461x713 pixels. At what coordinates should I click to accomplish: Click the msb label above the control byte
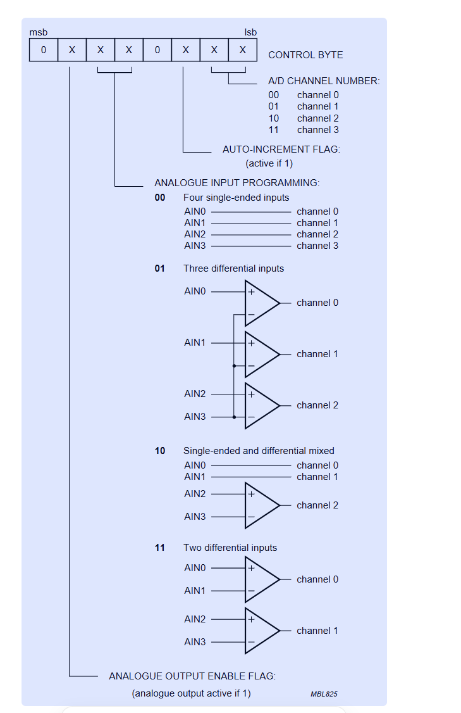coord(38,32)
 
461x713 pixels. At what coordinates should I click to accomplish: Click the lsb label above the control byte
coord(250,32)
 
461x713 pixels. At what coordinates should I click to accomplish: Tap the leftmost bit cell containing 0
coord(44,50)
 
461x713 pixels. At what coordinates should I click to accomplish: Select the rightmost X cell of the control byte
coord(243,50)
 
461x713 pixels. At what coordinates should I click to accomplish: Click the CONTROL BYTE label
coord(305,55)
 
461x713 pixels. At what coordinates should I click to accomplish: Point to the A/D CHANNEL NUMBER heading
coord(324,81)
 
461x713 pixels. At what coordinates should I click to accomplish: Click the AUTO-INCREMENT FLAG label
coord(281,149)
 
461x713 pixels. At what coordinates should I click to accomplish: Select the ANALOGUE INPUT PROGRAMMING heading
coord(237,183)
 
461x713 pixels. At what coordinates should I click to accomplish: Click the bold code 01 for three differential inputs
coord(159,268)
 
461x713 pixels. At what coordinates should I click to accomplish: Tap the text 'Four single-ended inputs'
coord(236,198)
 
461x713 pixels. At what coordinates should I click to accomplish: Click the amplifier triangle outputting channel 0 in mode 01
coord(261,303)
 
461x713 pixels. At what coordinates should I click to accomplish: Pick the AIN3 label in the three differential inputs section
coord(195,417)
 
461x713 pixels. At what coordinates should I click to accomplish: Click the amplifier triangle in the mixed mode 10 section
coord(261,505)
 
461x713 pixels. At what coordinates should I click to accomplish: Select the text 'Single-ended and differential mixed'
coord(259,451)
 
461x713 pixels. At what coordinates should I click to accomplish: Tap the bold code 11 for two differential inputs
coord(159,548)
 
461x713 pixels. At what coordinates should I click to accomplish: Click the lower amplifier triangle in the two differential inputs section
coord(261,631)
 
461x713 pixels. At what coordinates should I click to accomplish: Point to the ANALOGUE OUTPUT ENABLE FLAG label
coord(192,676)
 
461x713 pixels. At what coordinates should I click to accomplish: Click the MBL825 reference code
coord(324,694)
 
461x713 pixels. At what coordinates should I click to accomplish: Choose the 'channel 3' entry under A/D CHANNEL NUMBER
coord(317,130)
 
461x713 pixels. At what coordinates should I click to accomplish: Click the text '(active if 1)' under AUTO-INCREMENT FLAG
coord(269,163)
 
